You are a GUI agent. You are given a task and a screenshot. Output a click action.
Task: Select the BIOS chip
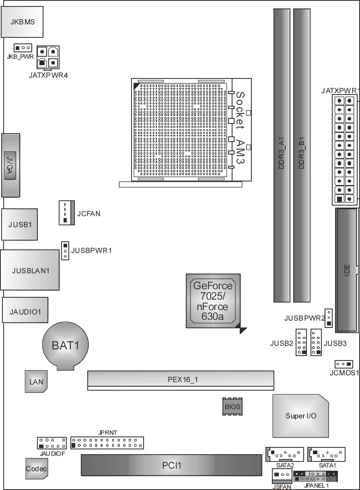232,407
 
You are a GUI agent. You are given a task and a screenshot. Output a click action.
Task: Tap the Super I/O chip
301,416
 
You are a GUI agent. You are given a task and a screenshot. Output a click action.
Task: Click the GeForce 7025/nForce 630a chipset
213,301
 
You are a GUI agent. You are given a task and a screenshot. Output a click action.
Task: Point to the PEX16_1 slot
181,381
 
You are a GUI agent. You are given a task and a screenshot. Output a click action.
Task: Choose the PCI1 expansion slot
171,465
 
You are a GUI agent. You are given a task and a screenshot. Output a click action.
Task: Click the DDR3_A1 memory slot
282,155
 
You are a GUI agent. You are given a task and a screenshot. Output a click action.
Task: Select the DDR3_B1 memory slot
302,155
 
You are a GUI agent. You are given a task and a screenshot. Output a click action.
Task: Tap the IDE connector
347,270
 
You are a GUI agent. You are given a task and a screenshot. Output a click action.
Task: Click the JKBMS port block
22,22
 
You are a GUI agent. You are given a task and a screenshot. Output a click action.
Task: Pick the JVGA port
11,165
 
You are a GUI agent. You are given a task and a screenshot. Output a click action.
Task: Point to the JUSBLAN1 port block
30,270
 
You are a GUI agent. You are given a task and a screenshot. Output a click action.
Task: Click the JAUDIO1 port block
25,310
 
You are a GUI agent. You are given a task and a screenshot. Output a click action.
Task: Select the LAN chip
36,381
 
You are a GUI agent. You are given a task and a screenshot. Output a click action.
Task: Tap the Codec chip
37,469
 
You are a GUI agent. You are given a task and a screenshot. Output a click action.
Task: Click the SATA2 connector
284,454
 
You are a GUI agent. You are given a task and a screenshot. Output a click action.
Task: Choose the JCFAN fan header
67,213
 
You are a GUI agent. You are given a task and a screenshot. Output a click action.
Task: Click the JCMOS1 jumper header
344,364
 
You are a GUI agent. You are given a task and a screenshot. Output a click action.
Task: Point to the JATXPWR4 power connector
48,57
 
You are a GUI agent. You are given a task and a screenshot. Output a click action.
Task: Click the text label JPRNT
107,432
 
